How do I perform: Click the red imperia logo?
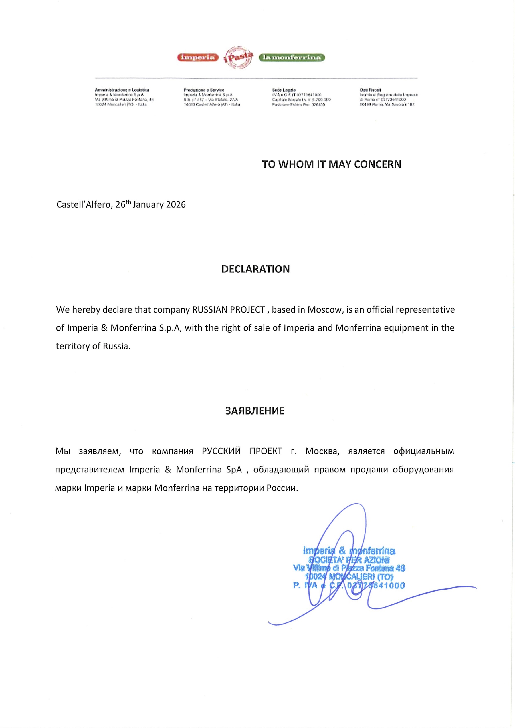click(198, 58)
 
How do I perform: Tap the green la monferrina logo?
click(292, 58)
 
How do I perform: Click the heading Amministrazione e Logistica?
click(122, 90)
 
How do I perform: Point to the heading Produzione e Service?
click(204, 90)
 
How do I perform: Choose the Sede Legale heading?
click(284, 90)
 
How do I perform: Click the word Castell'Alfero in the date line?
click(84, 205)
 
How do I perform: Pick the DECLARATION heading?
click(255, 269)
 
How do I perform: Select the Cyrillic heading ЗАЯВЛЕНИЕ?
click(255, 411)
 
